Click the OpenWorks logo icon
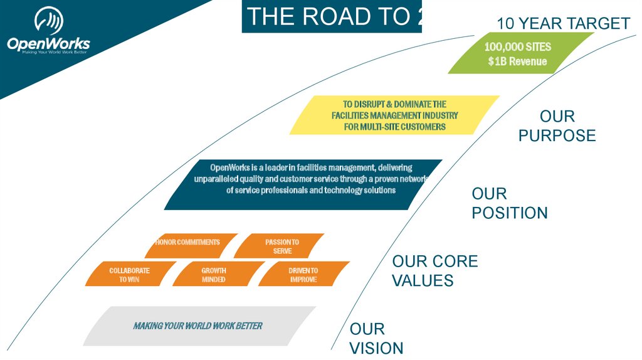[49, 22]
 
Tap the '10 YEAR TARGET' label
[563, 24]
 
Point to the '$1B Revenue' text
[517, 61]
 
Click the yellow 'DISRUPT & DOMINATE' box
[394, 115]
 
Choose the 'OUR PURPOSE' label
[557, 126]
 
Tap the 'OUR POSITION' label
[509, 203]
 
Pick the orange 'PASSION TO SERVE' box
[280, 246]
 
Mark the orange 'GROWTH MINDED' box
[214, 274]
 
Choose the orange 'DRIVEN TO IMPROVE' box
[303, 274]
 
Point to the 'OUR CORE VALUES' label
[434, 270]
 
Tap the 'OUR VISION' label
[376, 339]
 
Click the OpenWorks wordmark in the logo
[49, 44]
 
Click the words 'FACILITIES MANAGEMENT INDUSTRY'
[394, 115]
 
